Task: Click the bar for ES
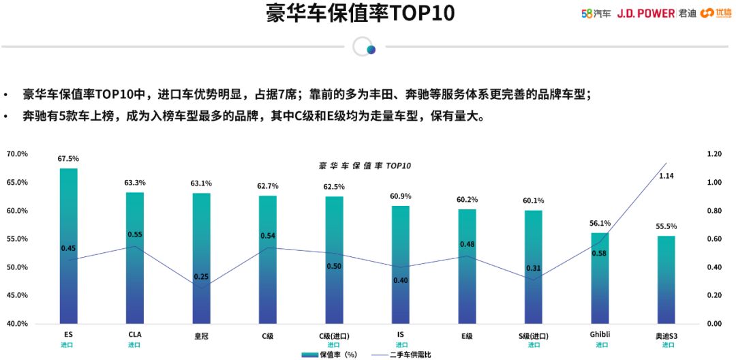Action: click(68, 245)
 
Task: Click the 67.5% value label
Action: click(68, 159)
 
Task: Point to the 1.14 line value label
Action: click(666, 176)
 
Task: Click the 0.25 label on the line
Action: click(201, 277)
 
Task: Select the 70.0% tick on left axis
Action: click(17, 154)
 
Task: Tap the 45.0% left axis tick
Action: click(17, 295)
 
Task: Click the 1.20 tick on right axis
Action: click(714, 154)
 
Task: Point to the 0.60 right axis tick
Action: click(714, 239)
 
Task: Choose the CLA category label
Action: click(135, 335)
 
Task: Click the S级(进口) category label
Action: click(533, 335)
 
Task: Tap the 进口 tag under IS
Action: click(400, 345)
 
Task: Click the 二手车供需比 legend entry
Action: click(402, 355)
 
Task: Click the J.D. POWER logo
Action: click(646, 14)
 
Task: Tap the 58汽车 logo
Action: click(596, 14)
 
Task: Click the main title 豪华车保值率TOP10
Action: click(360, 14)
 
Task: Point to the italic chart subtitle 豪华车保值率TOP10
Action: click(365, 166)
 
